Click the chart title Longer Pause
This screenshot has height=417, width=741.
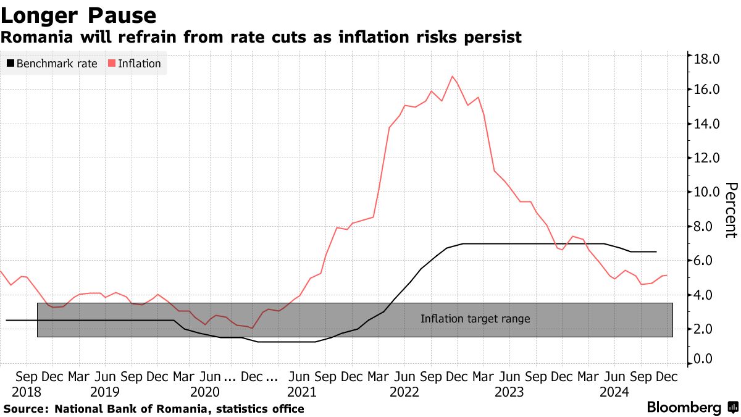[x=78, y=14]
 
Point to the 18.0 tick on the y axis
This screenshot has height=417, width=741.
[x=707, y=59]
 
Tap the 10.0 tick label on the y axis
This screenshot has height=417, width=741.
[x=707, y=192]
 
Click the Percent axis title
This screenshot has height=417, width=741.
[x=731, y=210]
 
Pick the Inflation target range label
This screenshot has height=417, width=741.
[x=475, y=319]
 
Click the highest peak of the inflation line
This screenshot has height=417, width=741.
[x=453, y=77]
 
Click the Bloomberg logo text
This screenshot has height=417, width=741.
[x=684, y=408]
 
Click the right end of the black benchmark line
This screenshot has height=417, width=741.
[x=656, y=251]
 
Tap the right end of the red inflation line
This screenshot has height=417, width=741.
[x=666, y=276]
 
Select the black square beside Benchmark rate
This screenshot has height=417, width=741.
[x=10, y=64]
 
